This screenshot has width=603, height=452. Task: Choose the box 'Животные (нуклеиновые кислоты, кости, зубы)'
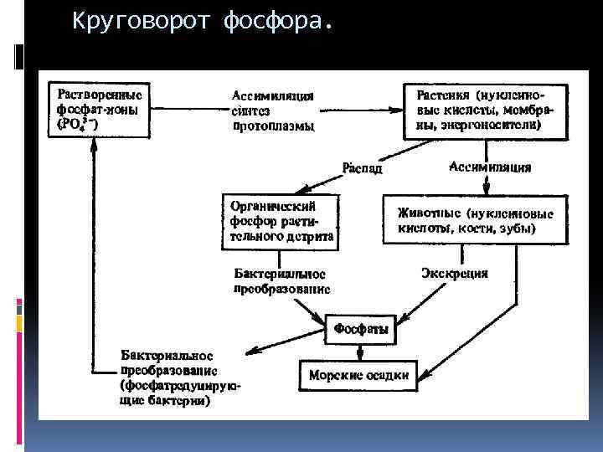point(473,219)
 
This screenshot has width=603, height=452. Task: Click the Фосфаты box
point(361,329)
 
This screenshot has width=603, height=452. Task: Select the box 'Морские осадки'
point(359,375)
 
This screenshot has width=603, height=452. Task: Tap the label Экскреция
point(454,273)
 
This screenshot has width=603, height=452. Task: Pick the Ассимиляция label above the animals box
point(491,167)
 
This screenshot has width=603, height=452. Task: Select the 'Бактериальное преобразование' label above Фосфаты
point(281,280)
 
